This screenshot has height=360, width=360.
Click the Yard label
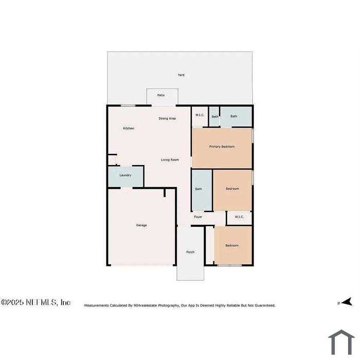(181, 75)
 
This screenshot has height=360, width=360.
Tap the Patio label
(161, 95)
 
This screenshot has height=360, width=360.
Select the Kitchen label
(129, 129)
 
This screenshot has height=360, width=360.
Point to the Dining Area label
(167, 118)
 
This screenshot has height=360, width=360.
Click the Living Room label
(170, 160)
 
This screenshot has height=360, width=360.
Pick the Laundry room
(125, 176)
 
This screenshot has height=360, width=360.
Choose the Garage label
(141, 225)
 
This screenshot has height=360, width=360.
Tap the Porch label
(190, 252)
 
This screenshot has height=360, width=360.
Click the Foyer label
(198, 217)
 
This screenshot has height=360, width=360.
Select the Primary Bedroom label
(222, 147)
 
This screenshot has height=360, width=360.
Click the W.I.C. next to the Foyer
(239, 217)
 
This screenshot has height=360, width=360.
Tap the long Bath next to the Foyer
(202, 190)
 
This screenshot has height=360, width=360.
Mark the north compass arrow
(347, 302)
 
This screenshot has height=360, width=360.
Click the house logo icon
(341, 342)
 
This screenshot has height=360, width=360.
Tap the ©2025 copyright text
(12, 302)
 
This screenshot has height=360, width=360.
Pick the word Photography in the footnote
(169, 305)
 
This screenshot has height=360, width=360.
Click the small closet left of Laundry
(112, 160)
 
